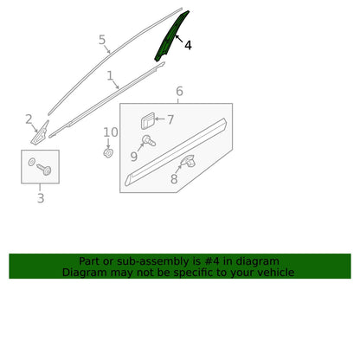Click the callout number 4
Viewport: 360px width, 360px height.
click(x=188, y=45)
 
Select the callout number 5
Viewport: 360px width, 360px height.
click(x=102, y=40)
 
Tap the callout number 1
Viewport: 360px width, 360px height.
click(x=110, y=75)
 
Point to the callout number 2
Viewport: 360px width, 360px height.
click(x=29, y=119)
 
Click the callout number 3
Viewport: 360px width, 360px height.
click(x=41, y=198)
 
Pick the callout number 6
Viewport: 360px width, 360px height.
click(x=179, y=91)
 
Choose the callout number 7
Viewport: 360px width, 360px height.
click(x=170, y=119)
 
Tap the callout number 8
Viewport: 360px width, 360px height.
click(x=174, y=179)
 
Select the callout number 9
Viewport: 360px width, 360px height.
click(x=133, y=157)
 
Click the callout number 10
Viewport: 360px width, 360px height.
click(x=111, y=132)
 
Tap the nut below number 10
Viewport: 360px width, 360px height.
click(x=108, y=153)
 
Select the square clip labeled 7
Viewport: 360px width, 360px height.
click(x=148, y=121)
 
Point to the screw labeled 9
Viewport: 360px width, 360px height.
click(x=149, y=141)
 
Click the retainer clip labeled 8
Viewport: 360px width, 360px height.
click(x=189, y=161)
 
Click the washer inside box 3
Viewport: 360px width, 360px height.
click(x=32, y=162)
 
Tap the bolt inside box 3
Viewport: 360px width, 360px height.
click(x=44, y=169)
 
